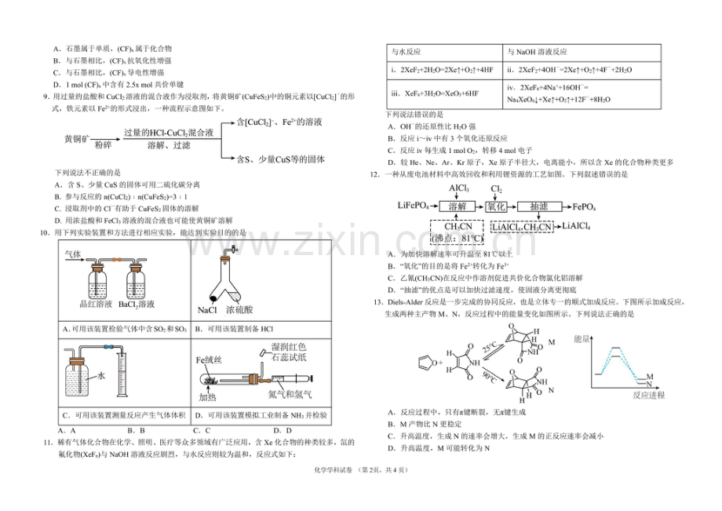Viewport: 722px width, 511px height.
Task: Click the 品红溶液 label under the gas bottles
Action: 97,303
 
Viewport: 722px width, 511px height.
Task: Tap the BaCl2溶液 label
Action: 142,303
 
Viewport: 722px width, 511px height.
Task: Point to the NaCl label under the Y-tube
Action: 207,310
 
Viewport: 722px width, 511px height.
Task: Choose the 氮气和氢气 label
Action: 290,392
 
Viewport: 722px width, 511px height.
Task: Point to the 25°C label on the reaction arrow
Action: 489,345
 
